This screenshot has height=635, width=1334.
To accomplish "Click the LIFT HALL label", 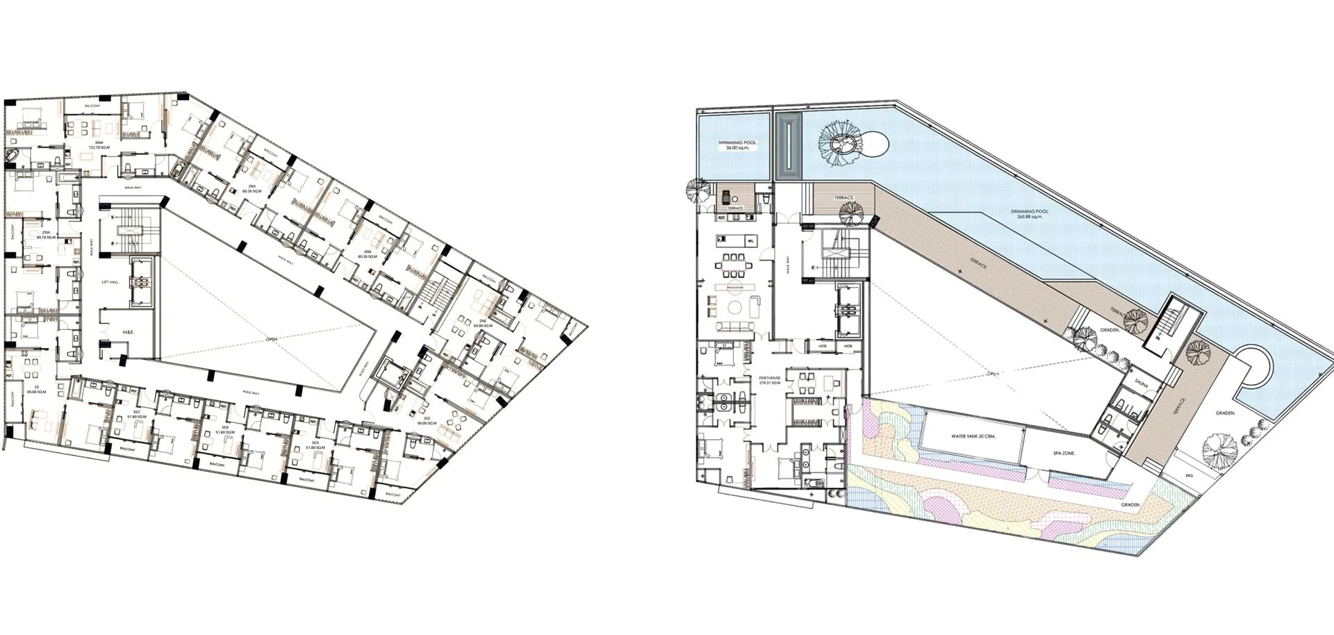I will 110,282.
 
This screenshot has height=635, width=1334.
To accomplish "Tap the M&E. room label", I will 128,333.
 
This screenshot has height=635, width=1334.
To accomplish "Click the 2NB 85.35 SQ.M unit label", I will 367,254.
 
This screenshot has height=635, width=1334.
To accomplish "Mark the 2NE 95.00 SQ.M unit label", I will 483,323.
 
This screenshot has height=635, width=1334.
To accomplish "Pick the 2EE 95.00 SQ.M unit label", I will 427,420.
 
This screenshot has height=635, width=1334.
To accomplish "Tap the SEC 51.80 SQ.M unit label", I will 137,415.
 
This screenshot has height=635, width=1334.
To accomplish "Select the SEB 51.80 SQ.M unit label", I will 224,429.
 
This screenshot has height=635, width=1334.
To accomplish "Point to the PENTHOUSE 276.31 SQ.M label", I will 771,380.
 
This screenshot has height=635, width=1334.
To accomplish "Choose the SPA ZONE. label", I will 1064,453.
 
